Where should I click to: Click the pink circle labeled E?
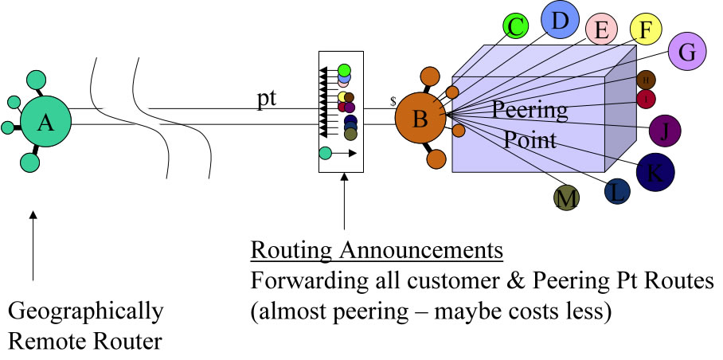[x=602, y=29]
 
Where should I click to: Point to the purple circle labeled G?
[x=688, y=53]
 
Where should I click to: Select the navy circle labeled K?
[x=655, y=172]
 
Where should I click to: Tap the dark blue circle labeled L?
[x=616, y=192]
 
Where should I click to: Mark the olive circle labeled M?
[x=567, y=198]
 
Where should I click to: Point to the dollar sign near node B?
[x=393, y=102]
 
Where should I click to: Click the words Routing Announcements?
[x=377, y=252]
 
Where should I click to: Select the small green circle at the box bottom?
[x=325, y=153]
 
